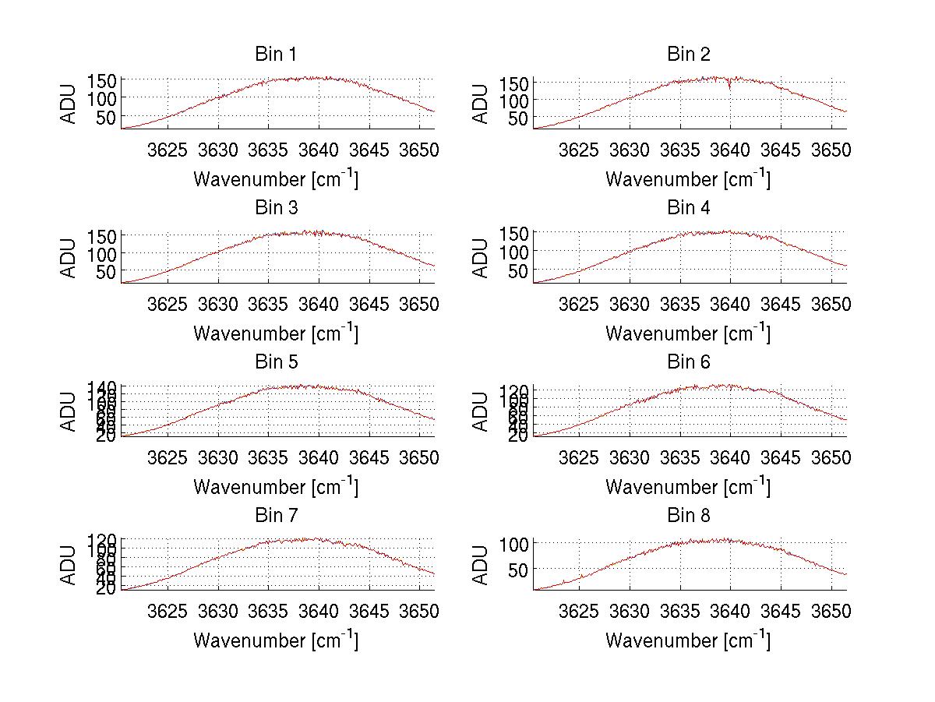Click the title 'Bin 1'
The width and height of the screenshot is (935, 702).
tap(275, 55)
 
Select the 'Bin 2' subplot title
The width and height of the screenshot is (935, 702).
tap(688, 55)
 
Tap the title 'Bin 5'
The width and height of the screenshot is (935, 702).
tap(275, 362)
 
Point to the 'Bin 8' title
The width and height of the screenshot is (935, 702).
tap(688, 516)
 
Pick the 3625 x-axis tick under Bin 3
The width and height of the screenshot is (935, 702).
tap(168, 303)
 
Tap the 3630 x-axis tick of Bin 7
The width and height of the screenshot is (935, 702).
tap(218, 611)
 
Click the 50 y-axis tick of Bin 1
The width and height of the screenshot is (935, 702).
tap(108, 117)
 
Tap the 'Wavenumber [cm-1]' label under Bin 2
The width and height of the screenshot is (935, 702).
tap(688, 179)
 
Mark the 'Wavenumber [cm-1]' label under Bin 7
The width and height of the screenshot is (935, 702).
tap(275, 640)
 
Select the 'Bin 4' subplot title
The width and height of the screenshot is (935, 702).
tap(688, 208)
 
